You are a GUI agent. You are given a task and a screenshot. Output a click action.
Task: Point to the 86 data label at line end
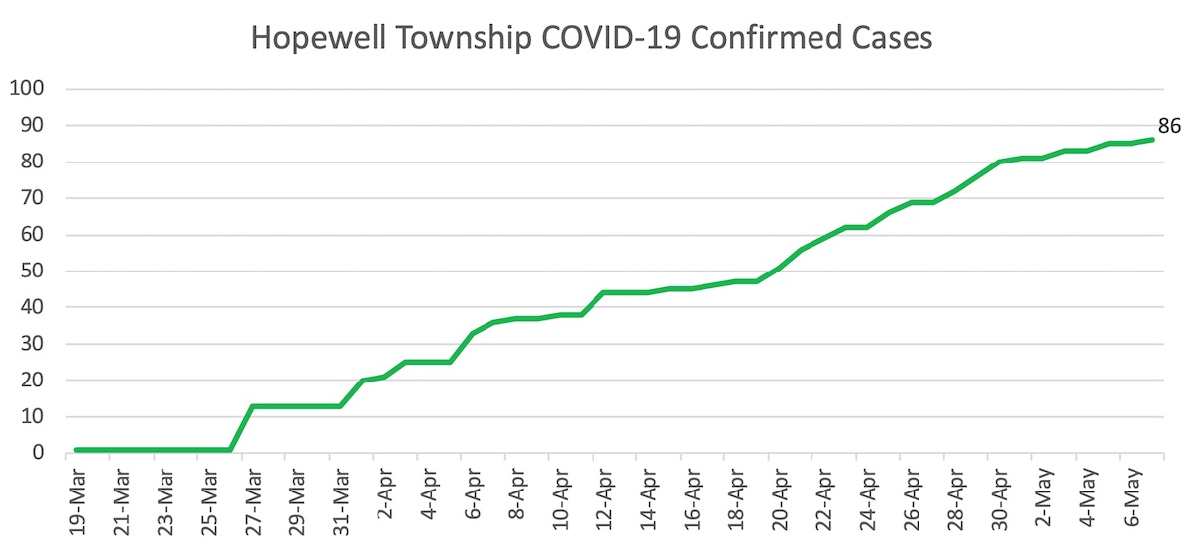[1170, 126]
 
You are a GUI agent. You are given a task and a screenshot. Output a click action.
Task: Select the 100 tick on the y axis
[28, 89]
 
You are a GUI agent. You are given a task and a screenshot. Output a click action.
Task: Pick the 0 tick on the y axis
[39, 453]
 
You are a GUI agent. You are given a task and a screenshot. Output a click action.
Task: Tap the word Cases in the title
[891, 38]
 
